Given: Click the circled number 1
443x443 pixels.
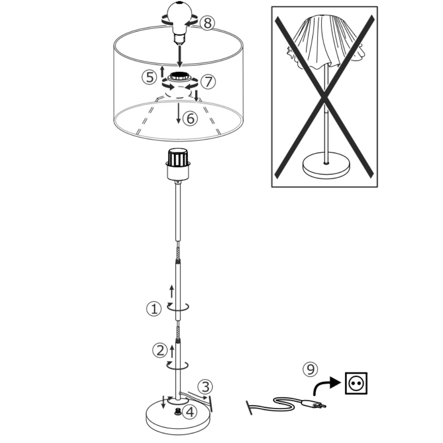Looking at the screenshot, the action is pos(154,309).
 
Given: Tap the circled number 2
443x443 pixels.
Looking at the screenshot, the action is pos(160,350).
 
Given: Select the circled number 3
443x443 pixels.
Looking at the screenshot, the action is pos(205,386).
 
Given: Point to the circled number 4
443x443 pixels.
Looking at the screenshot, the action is pos(189,412).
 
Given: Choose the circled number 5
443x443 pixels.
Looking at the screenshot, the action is pos(150,77).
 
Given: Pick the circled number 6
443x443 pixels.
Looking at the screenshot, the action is pos(190,118).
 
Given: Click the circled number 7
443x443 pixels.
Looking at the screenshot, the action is pos(208,82).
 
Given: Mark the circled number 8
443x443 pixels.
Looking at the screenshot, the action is pos(207,23).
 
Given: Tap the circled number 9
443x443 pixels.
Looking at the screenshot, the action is pos(310,369).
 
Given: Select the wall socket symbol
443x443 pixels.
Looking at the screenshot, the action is pos(356,383).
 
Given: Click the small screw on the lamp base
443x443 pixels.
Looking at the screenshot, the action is pos(178,412).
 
